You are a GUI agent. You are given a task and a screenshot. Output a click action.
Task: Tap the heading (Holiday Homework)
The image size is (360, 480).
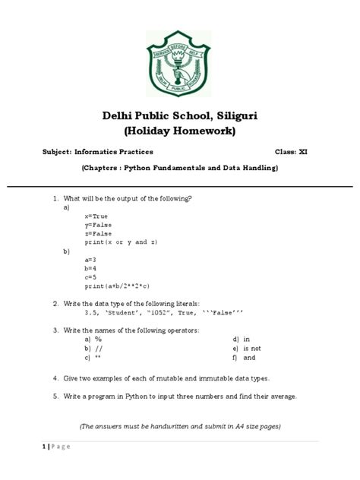pos(180,132)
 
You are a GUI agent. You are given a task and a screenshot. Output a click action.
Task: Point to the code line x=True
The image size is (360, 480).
pos(96,216)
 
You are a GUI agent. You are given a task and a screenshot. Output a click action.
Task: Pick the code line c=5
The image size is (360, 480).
pos(91,276)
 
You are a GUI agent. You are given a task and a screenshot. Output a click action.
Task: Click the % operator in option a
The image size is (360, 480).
pos(99,339)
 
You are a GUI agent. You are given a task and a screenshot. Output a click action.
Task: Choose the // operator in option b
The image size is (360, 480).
pos(99,349)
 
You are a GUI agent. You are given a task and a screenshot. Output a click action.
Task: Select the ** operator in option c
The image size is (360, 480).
pos(99,358)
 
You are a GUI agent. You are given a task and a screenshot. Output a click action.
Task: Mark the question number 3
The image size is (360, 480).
pos(55,330)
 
